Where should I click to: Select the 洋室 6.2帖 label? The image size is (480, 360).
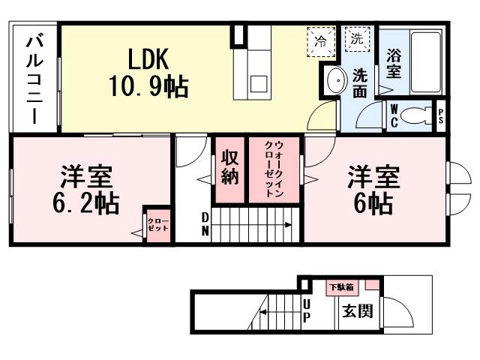86,190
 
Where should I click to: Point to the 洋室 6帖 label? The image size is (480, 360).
373,190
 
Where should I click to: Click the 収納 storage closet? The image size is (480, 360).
230,169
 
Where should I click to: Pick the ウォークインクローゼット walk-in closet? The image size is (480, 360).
274,169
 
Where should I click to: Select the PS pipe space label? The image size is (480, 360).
441,115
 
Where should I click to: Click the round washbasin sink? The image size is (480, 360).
333,77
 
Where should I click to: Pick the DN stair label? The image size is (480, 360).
205,223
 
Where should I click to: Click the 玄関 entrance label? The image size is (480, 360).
356,310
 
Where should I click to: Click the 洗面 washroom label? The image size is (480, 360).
360,83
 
